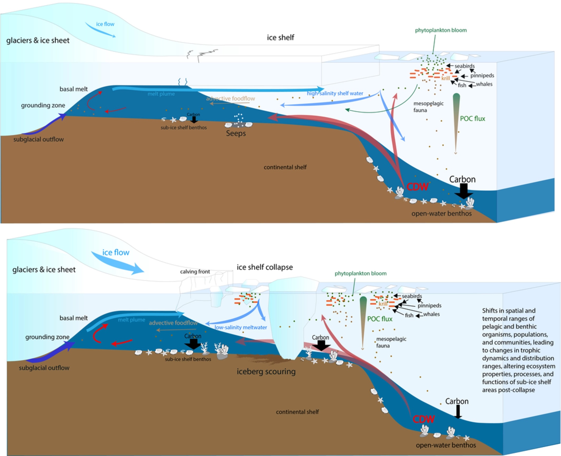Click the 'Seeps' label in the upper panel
coord(236,133)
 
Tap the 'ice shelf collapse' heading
coord(265,267)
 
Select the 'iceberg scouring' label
coord(266,371)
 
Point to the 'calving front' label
coord(195,272)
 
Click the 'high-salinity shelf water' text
coord(335,93)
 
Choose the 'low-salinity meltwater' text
coord(241,327)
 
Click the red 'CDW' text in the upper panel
coord(417,187)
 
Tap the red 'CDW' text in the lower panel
coord(424,419)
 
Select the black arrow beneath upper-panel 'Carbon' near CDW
coord(464,191)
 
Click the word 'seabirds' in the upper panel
coord(464,66)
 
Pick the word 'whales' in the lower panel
coord(431,314)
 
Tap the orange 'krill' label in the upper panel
coord(445,78)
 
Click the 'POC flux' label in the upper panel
coord(472,119)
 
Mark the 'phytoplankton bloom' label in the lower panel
coord(360,273)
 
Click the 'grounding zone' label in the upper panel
coord(43,105)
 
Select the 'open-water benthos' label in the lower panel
coord(446,445)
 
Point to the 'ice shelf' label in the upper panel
coord(280,37)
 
